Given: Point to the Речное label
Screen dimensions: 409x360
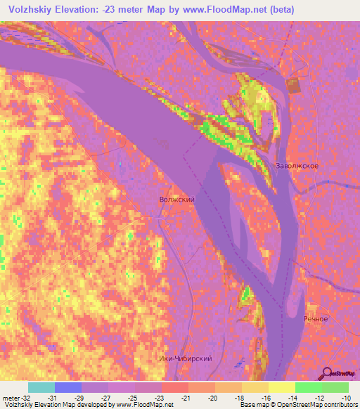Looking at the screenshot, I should pyautogui.click(x=316, y=320).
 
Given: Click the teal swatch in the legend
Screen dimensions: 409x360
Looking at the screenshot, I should pyautogui.click(x=41, y=387).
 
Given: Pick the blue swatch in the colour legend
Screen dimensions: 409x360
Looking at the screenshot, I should pyautogui.click(x=67, y=387).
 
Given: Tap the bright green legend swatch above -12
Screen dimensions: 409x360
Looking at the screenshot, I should pyautogui.click(x=308, y=387).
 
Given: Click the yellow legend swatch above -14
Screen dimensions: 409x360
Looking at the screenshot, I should pyautogui.click(x=281, y=387).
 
